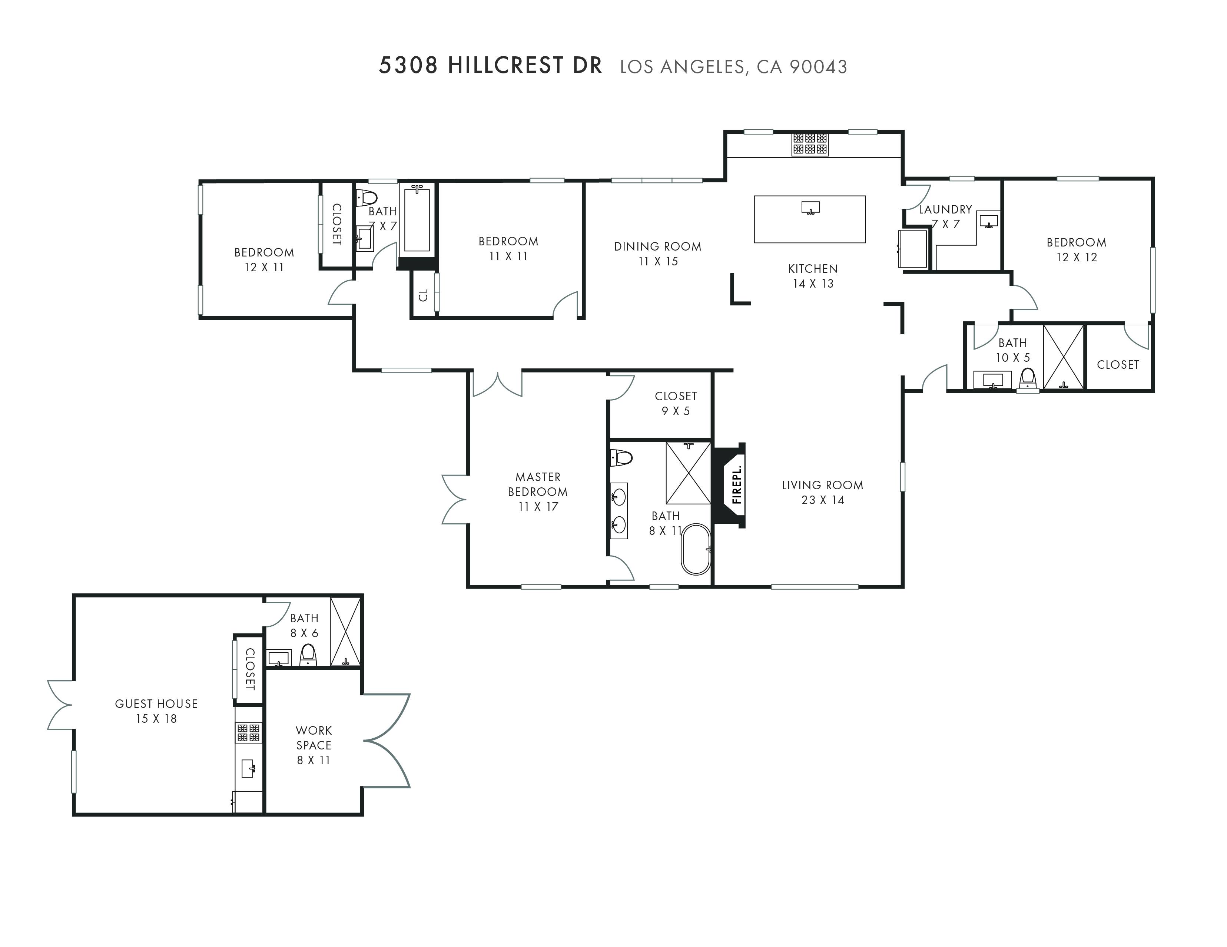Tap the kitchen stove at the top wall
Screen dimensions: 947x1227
(810, 144)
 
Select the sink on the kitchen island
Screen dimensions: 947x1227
(810, 208)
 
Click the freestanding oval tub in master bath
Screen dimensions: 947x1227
(696, 549)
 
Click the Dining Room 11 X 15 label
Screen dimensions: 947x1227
(657, 254)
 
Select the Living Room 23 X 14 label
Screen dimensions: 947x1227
(822, 492)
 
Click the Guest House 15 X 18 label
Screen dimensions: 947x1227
(156, 711)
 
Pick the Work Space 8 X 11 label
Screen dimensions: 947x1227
(314, 745)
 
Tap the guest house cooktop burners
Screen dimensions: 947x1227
(248, 733)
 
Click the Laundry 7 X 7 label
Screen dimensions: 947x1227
(945, 216)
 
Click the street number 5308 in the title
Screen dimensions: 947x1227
(408, 66)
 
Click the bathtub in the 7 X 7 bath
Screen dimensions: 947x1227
(417, 220)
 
